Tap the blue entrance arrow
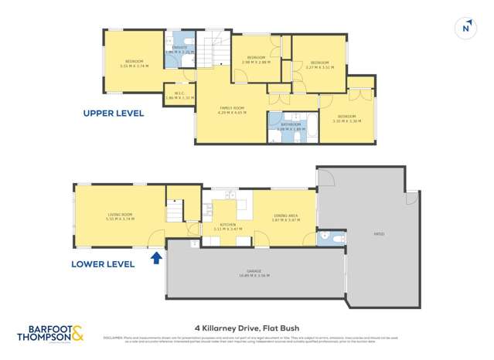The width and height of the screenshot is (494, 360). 158,257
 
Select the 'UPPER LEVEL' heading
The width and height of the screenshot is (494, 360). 113,113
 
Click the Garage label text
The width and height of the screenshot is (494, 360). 254,273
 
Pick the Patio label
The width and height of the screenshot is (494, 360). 379,234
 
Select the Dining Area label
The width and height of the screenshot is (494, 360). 284,218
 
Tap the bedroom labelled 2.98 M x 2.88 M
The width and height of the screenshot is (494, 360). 257,60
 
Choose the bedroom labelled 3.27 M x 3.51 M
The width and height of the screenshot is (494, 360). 319,65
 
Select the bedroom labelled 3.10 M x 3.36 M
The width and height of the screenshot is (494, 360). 346,120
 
